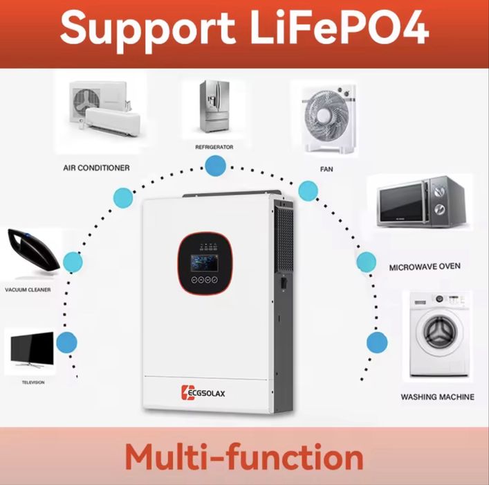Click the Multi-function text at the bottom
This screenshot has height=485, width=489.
[x=244, y=457]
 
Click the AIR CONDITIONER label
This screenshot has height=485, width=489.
[x=96, y=168]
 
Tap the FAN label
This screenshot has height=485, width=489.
[x=326, y=168]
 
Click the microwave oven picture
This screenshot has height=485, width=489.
[x=420, y=202]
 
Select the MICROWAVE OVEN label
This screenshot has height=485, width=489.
[x=425, y=266]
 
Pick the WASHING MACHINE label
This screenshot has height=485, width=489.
[x=438, y=397]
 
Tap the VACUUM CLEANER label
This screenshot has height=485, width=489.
[x=28, y=290]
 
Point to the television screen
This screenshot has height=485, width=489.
[x=30, y=350]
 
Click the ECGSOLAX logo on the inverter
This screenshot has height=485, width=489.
[x=207, y=394]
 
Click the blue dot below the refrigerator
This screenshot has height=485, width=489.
[x=215, y=166]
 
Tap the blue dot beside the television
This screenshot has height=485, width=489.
[x=67, y=342]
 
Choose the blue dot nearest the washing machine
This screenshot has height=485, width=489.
[x=377, y=342]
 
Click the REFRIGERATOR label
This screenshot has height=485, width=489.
[x=214, y=148]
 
